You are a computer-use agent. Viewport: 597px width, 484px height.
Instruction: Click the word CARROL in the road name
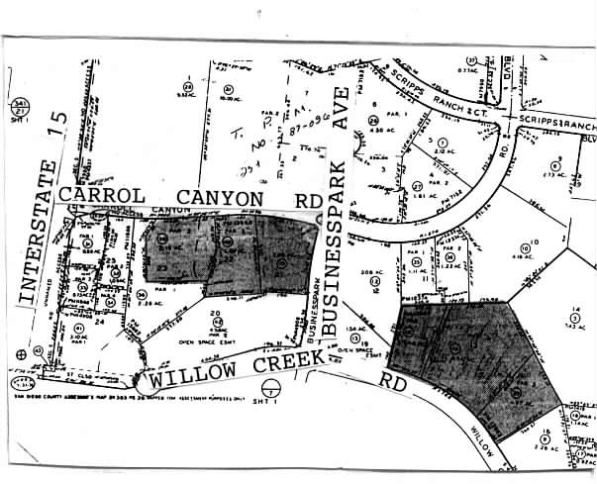tap(100, 195)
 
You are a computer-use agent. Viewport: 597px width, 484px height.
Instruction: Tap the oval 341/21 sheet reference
tap(18, 107)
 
